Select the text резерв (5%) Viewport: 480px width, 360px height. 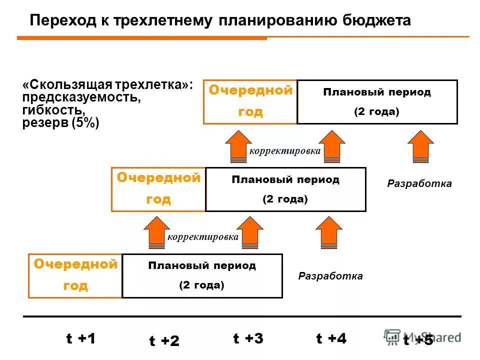point(61,123)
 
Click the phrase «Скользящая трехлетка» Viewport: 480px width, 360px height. point(107,84)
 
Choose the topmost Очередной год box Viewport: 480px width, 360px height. point(250,101)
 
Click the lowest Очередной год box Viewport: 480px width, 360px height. point(75,275)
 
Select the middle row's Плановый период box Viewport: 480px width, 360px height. point(285,189)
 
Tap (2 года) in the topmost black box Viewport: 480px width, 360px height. point(376,112)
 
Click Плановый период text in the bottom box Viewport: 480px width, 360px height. point(202,266)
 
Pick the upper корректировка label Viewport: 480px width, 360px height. point(284,151)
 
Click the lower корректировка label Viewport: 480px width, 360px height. point(202,237)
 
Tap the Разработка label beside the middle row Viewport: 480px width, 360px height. point(419,184)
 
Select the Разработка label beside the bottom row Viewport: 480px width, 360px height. point(330,276)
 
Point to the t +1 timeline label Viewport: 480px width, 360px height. point(80,339)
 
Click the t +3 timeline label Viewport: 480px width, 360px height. point(248,339)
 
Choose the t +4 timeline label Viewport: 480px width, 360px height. point(331,339)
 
